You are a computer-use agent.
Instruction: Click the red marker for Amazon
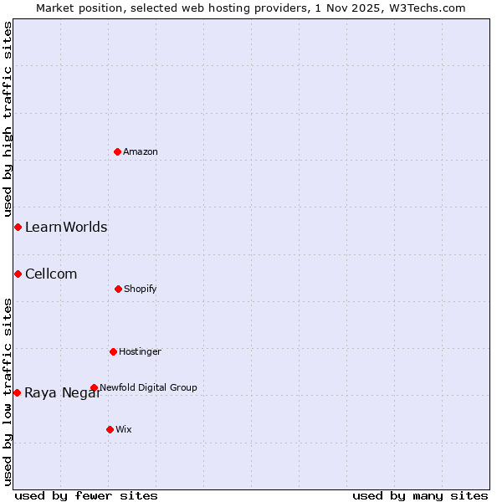point(117,151)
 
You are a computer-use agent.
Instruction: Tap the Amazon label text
point(141,151)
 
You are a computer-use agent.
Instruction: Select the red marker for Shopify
point(118,289)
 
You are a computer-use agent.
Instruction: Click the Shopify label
point(141,289)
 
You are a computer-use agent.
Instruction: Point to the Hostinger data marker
point(113,351)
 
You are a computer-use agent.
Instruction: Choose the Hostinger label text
point(140,351)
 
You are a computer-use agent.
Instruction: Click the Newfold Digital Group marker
point(94,387)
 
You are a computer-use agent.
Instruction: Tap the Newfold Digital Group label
point(148,387)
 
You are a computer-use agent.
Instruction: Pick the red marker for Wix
point(110,429)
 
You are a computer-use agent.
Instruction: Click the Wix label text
point(124,429)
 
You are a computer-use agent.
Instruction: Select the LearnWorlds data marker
point(18,227)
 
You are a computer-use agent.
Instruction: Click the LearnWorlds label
point(66,227)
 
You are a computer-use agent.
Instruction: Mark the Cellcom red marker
point(18,274)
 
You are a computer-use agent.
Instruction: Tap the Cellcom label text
point(51,274)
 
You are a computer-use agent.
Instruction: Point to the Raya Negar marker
point(17,392)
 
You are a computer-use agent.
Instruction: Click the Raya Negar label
point(63,393)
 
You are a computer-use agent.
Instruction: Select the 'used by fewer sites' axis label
point(86,495)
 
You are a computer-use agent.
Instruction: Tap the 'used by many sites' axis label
point(420,495)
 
